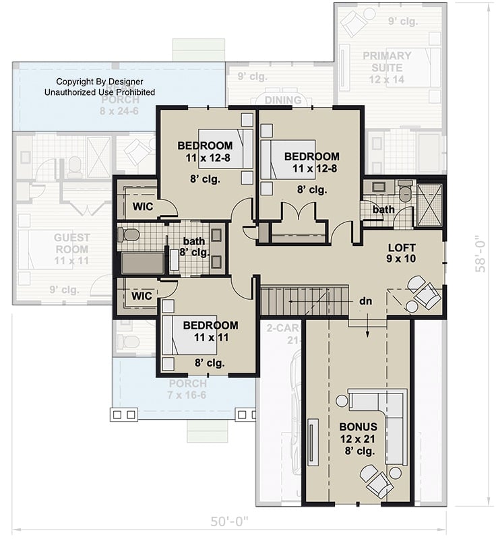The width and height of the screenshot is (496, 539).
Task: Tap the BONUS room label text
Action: click(x=358, y=439)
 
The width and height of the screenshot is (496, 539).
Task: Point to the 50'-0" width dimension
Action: click(x=229, y=521)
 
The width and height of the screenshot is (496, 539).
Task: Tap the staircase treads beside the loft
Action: click(x=303, y=301)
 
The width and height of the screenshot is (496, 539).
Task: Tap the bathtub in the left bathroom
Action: click(x=143, y=263)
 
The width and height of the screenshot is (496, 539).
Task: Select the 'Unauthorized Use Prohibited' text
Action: click(x=100, y=92)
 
